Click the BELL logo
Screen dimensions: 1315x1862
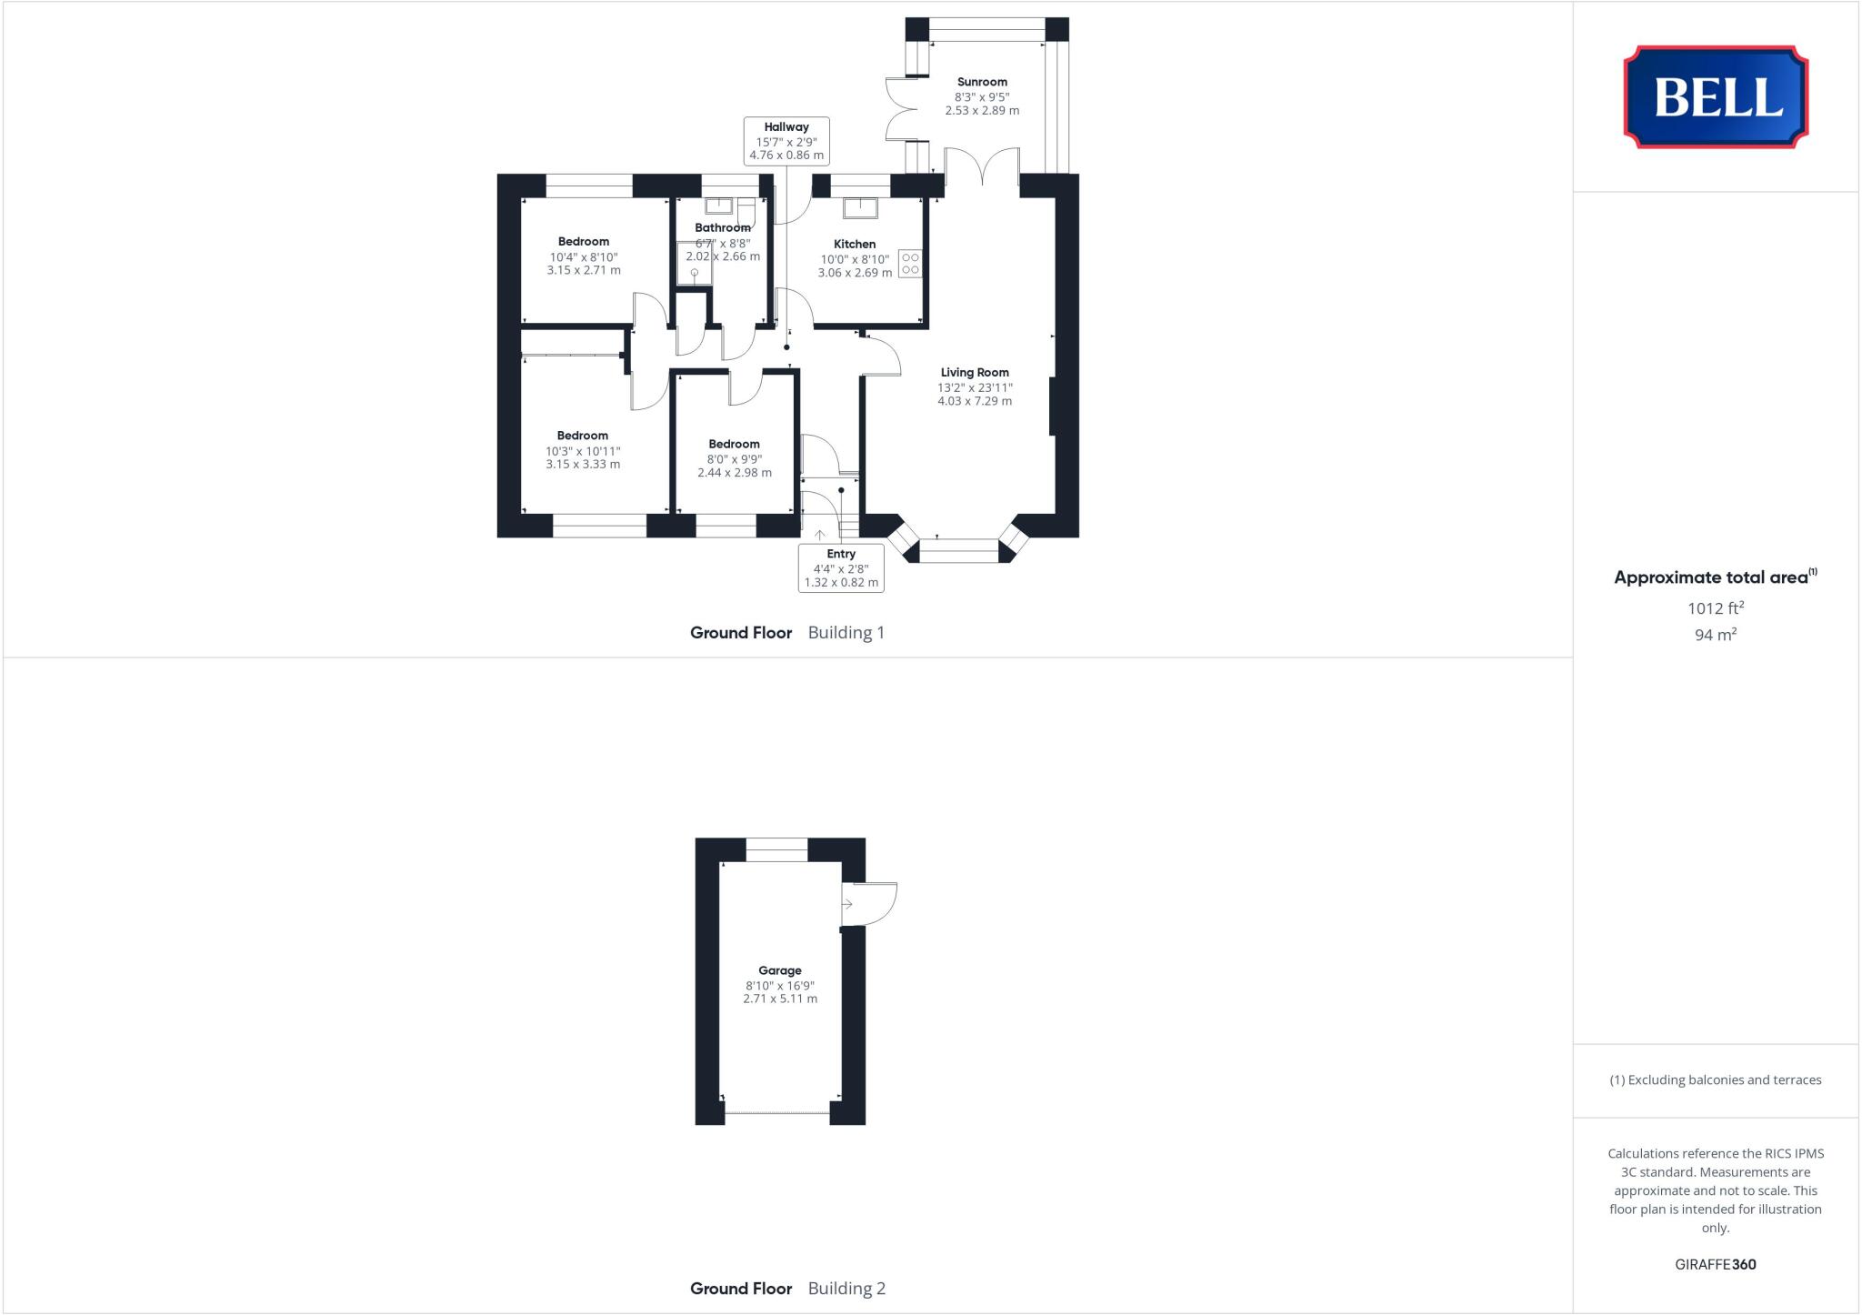tap(1716, 96)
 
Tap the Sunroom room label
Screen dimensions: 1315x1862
tap(981, 82)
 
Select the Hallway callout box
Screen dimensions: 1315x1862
tap(786, 141)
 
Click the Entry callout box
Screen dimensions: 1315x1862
tap(841, 567)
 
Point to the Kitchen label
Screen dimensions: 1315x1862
tap(855, 244)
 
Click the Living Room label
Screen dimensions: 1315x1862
tap(975, 372)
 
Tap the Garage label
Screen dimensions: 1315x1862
tap(780, 970)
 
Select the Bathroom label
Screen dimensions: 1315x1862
tap(723, 227)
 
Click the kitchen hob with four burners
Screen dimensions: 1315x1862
tap(910, 264)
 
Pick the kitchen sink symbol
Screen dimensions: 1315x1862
tap(859, 208)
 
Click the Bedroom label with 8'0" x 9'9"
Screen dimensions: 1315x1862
tap(735, 444)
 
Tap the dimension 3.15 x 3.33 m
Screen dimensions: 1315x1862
tap(583, 464)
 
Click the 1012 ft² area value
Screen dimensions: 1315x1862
tap(1715, 607)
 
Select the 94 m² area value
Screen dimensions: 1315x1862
tap(1715, 635)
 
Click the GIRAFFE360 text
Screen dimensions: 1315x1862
tap(1715, 1264)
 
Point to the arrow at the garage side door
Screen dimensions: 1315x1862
tap(847, 904)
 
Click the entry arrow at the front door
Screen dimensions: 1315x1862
tap(819, 535)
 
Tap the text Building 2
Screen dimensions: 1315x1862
tap(846, 1288)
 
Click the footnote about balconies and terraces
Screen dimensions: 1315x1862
tap(1715, 1080)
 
